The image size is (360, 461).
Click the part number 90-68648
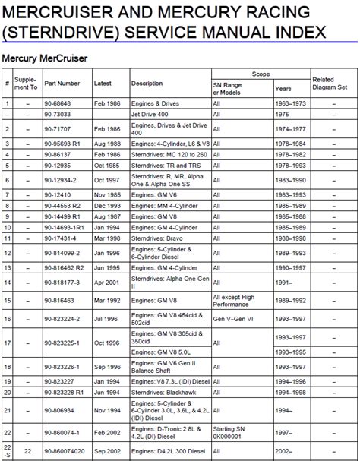coord(58,103)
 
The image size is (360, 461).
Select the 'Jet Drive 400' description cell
coord(150,115)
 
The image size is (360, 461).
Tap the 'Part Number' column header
coord(62,83)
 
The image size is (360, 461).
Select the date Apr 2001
coord(107,282)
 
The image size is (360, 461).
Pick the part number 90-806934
coord(60,410)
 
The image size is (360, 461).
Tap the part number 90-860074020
coord(65,452)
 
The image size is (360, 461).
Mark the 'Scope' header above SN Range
coord(261,74)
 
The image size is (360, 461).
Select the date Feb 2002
coord(106,432)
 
